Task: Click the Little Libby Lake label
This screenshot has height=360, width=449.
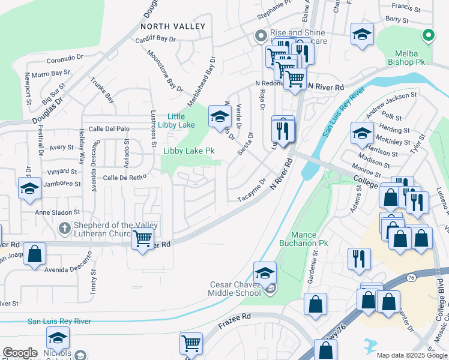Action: pyautogui.click(x=181, y=121)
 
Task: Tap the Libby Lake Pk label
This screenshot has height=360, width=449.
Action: pyautogui.click(x=189, y=151)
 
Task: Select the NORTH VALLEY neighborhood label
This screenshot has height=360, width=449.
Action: pyautogui.click(x=172, y=26)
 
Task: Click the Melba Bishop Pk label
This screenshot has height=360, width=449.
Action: pyautogui.click(x=409, y=57)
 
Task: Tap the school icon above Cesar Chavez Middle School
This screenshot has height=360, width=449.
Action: pyautogui.click(x=265, y=272)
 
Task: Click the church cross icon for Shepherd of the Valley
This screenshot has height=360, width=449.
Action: pyautogui.click(x=65, y=228)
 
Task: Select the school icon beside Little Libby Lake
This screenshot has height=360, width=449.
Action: pyautogui.click(x=220, y=117)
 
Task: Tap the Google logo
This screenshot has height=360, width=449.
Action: pyautogui.click(x=20, y=353)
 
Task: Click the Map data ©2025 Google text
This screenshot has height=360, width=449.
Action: pyautogui.click(x=411, y=355)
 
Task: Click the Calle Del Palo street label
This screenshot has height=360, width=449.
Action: pyautogui.click(x=109, y=128)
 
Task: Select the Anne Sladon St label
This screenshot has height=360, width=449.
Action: pyautogui.click(x=58, y=212)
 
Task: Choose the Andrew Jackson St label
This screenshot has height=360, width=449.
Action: pyautogui.click(x=391, y=103)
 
